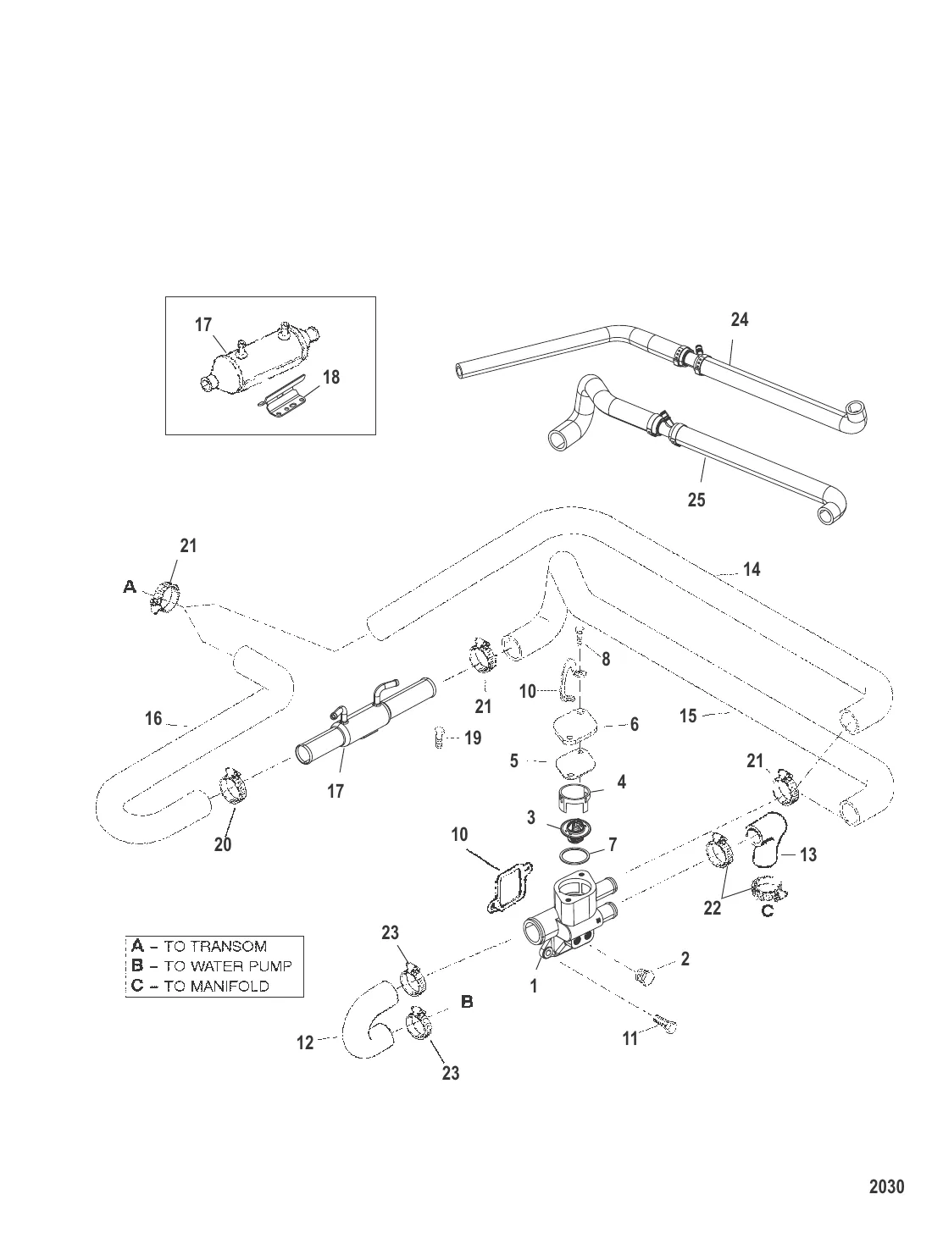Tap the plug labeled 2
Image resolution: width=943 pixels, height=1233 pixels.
point(643,976)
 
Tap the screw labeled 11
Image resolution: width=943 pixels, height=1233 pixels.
point(667,1026)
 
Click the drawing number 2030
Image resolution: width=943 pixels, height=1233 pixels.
point(886,1186)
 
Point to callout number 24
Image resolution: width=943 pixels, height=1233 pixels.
point(740,320)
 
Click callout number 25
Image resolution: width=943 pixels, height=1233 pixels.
point(696,500)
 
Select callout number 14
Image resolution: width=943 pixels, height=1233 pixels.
point(752,569)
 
